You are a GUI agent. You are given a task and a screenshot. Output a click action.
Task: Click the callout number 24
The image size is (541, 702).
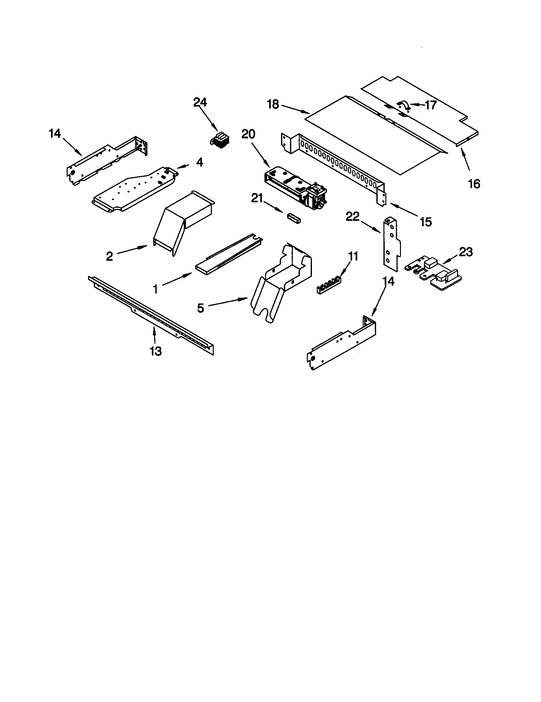click(200, 102)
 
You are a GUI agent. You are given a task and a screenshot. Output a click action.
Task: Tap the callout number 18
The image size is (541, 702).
click(273, 105)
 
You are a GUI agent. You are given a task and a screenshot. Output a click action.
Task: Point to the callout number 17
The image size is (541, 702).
click(431, 105)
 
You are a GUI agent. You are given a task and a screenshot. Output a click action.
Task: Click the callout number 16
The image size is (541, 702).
click(474, 184)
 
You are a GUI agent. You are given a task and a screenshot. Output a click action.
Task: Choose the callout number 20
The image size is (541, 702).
click(248, 134)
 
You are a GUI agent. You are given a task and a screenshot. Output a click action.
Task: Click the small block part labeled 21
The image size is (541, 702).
click(294, 218)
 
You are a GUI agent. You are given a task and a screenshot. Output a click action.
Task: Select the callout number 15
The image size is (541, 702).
click(426, 222)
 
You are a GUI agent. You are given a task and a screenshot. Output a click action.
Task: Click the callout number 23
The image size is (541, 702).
click(465, 252)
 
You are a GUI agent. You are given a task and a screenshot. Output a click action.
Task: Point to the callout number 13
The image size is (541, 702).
click(155, 351)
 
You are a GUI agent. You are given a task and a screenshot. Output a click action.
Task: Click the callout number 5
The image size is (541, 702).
click(200, 308)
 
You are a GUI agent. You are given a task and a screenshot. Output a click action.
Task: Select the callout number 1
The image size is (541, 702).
click(155, 289)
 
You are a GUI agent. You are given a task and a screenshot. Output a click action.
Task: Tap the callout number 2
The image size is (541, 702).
click(109, 256)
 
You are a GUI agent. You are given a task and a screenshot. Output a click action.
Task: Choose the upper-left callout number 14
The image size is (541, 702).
click(55, 133)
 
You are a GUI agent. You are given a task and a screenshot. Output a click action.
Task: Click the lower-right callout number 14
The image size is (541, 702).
click(389, 281)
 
